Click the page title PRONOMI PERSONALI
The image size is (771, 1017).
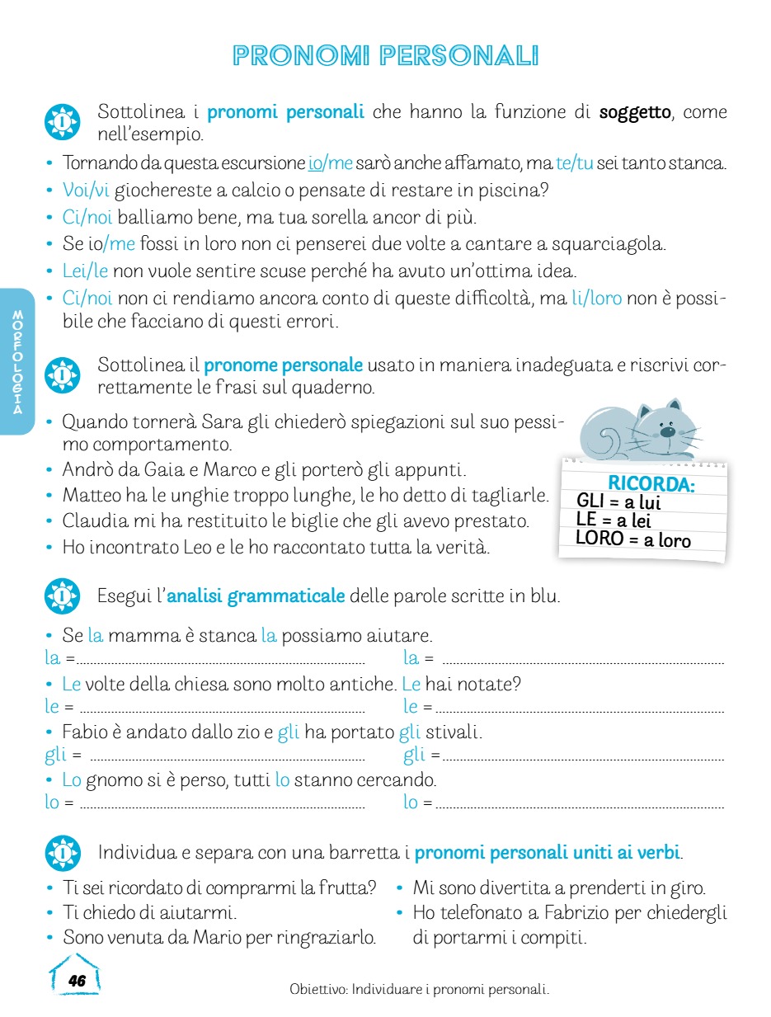click(x=385, y=56)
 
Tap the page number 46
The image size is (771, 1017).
click(x=77, y=981)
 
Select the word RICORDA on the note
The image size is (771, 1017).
click(x=651, y=483)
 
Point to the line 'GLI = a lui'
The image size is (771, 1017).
click(x=618, y=501)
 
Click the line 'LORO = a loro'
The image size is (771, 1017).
click(x=633, y=540)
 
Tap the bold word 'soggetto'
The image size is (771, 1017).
click(x=635, y=112)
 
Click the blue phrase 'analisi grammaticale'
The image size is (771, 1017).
click(x=256, y=596)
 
